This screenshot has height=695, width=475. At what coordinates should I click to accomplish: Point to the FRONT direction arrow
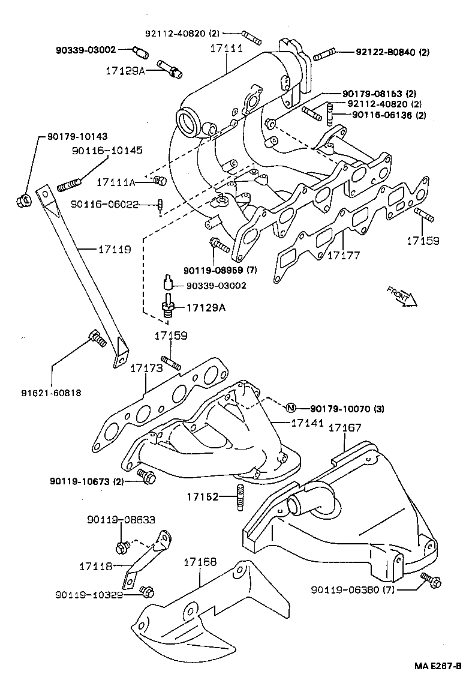[401, 296]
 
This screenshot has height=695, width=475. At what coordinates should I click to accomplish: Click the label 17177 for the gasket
[343, 256]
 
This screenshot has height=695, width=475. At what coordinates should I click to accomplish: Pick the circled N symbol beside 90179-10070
[290, 409]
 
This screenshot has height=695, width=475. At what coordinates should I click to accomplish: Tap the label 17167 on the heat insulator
[344, 428]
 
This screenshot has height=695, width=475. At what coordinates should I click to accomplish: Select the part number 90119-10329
[89, 594]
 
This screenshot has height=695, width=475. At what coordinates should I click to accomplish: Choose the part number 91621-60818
[52, 393]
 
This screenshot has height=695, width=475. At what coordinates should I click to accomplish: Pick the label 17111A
[116, 181]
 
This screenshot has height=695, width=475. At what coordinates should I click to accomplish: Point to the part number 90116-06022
[105, 205]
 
